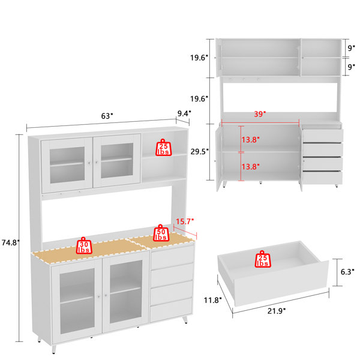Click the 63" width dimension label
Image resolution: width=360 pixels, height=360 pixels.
point(107,116)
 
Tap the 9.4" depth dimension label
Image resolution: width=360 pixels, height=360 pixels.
point(184,113)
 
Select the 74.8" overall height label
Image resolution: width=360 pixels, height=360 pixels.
point(11,242)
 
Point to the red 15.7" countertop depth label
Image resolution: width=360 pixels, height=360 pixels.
point(185,221)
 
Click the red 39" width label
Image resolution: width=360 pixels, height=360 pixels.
point(260,114)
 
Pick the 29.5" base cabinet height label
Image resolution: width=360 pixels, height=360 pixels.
point(200,152)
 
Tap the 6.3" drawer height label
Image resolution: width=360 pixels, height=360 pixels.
point(347,272)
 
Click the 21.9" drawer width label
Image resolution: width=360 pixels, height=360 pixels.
point(277,311)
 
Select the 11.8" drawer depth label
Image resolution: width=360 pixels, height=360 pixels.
point(213,300)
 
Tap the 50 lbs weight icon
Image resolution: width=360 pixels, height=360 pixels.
point(161,233)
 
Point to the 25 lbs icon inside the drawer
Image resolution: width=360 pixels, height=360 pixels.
point(263,259)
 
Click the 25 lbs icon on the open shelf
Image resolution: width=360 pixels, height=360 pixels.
point(163,148)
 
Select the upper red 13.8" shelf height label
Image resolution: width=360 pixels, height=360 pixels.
point(250,140)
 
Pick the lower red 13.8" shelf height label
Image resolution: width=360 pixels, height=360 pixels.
point(250,166)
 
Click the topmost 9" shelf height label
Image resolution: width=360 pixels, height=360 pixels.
point(351,48)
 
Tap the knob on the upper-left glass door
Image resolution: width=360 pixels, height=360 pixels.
point(89,163)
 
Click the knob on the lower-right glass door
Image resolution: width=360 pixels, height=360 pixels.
point(106,295)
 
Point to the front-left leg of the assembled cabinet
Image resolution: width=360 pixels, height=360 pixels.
point(54,349)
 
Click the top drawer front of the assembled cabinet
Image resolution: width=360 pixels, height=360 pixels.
point(172,256)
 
